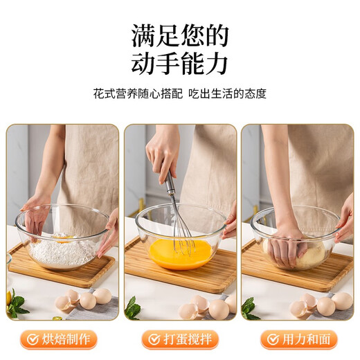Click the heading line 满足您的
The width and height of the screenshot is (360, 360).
click(180, 35)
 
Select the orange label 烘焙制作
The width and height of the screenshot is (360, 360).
click(66, 339)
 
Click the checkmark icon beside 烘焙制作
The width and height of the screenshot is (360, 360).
click(31, 339)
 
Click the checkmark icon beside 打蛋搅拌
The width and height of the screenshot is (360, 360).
click(152, 339)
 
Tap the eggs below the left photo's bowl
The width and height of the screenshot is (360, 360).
click(83, 300)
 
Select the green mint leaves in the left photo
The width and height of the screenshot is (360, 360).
click(17, 305)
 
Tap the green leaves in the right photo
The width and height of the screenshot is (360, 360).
click(248, 309)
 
